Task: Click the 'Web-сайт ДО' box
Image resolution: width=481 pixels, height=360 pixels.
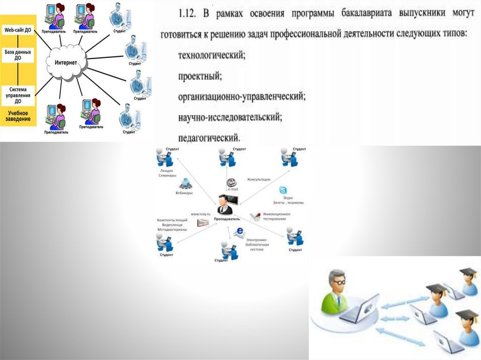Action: [18, 30]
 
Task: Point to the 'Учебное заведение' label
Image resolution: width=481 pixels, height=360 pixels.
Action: [18, 116]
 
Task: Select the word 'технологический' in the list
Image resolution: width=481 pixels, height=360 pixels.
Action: [211, 55]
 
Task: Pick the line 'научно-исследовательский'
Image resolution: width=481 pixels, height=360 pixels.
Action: [230, 117]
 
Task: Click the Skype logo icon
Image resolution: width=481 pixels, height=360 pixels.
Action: [283, 190]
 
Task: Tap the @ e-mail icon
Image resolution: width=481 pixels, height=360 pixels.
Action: [230, 183]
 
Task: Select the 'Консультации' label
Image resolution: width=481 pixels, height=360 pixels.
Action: [259, 179]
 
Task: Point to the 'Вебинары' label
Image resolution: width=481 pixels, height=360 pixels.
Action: [184, 193]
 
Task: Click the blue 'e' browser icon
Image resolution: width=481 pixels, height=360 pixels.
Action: [240, 231]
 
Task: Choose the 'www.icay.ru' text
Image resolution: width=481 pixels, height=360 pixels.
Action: [201, 214]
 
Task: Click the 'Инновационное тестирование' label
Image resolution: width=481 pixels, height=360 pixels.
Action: [276, 216]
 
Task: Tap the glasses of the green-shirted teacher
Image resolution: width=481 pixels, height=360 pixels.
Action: [339, 282]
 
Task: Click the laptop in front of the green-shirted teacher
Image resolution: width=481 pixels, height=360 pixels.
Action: [360, 309]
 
